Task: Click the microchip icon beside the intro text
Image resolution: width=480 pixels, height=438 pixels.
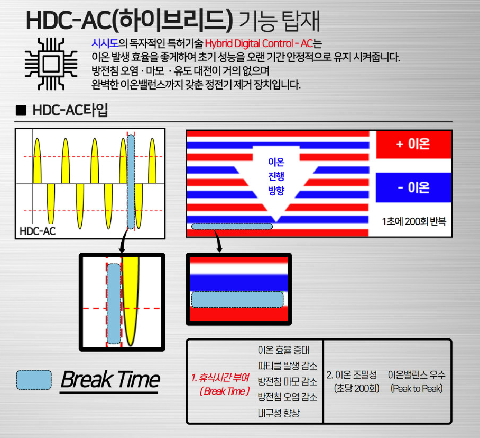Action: [x=51, y=64]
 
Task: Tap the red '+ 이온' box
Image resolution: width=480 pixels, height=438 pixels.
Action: [x=413, y=144]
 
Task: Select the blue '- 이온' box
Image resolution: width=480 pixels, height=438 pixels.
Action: [x=413, y=187]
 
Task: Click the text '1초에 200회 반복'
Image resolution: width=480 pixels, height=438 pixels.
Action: [x=414, y=221]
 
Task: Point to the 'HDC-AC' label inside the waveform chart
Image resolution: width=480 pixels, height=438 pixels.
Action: [x=38, y=231]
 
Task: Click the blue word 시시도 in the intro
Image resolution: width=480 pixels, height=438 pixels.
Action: [x=105, y=43]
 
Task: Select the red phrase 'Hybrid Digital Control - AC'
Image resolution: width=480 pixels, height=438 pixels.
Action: [x=259, y=43]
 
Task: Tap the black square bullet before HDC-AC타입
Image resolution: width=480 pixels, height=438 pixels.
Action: [x=21, y=110]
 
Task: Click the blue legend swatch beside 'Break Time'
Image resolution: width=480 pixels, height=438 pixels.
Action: [x=34, y=380]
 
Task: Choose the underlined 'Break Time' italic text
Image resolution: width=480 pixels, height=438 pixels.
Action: [x=110, y=380]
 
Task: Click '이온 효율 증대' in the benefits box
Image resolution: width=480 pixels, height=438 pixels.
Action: [x=283, y=350]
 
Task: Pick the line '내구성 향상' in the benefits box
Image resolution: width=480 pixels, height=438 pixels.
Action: [x=279, y=413]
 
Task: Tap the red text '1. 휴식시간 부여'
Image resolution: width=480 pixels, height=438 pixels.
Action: [x=220, y=377]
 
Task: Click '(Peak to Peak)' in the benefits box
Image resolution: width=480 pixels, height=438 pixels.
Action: [x=417, y=389]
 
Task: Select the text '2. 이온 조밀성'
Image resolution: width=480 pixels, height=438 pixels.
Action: [x=352, y=374]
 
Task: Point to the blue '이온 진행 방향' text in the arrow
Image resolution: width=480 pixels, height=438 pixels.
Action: [x=276, y=176]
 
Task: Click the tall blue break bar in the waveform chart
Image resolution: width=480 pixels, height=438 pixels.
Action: [x=131, y=182]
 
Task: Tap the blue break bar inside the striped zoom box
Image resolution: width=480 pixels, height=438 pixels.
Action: [x=237, y=299]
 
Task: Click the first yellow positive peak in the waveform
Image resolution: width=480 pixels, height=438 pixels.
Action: [x=37, y=160]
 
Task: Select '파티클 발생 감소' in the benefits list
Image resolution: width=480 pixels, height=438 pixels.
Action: [x=288, y=365]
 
